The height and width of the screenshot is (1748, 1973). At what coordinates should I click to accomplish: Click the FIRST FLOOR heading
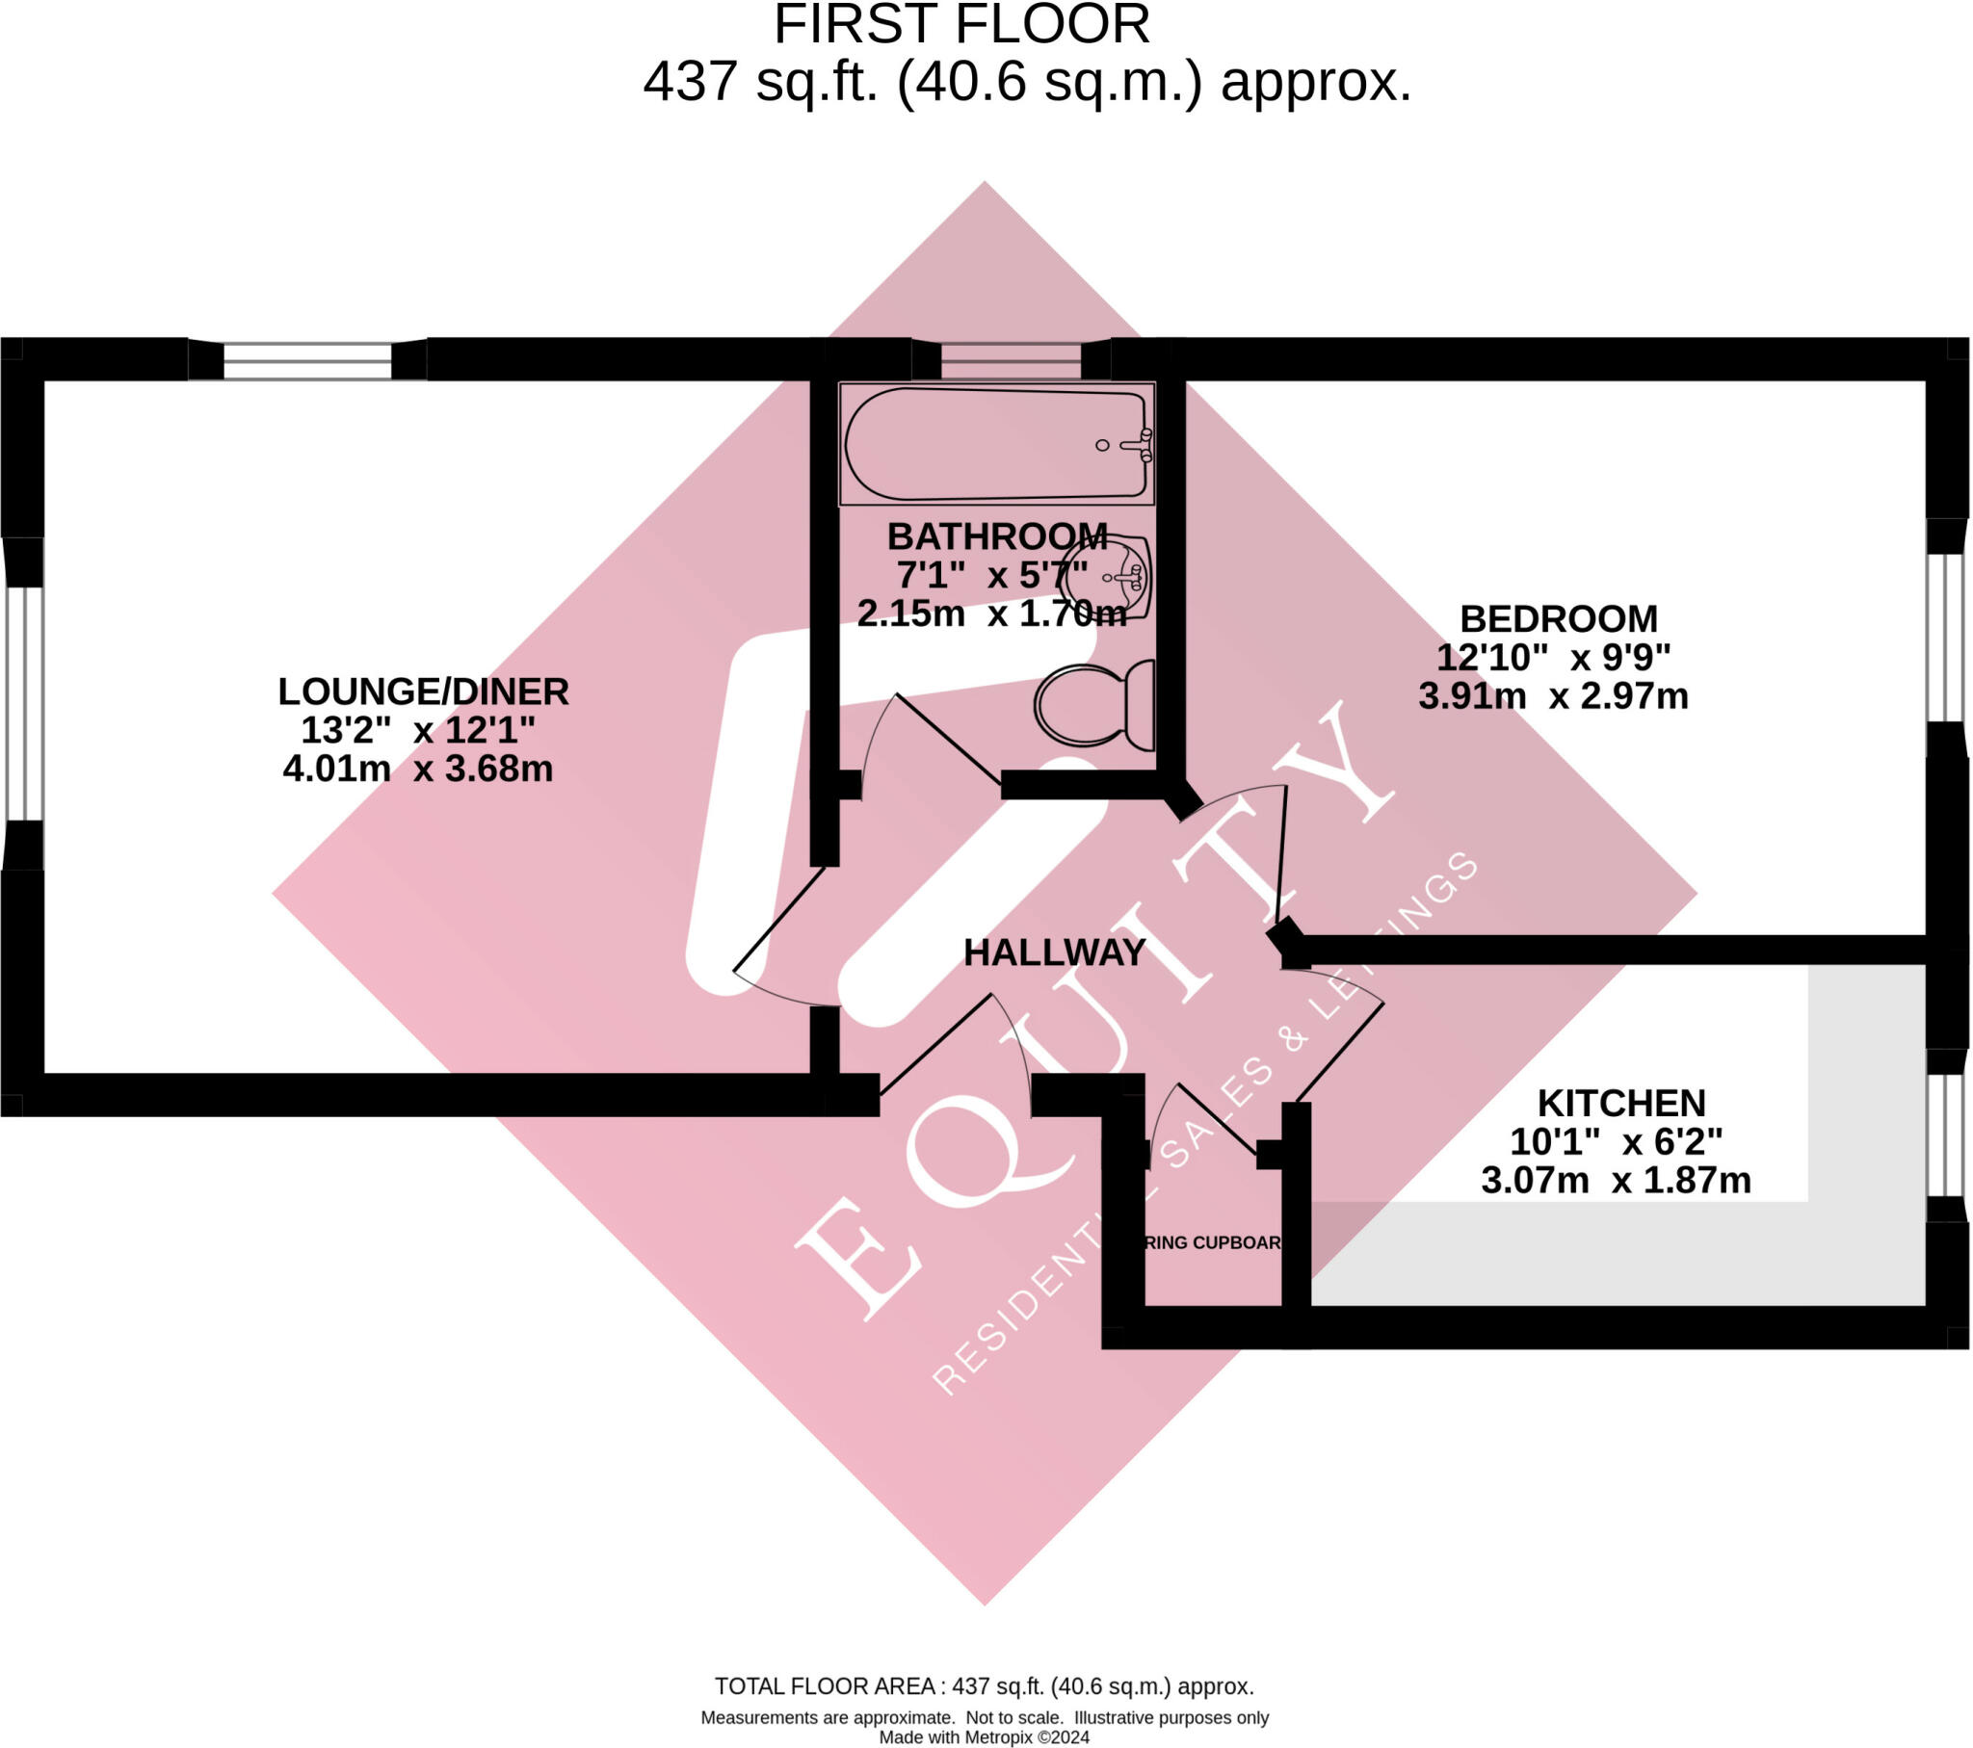click(961, 25)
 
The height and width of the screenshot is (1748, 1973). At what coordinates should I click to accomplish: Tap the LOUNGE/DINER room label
click(423, 692)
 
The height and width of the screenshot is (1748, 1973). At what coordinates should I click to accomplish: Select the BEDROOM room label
click(1558, 618)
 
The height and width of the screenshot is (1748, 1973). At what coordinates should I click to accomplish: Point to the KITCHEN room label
click(1620, 1103)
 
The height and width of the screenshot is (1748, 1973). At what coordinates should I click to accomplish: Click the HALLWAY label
click(1054, 952)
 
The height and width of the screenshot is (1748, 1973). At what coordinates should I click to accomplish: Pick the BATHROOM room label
click(996, 536)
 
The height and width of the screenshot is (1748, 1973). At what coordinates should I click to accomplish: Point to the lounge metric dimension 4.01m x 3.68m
click(418, 770)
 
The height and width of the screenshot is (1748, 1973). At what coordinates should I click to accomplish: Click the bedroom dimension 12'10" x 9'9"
click(1553, 659)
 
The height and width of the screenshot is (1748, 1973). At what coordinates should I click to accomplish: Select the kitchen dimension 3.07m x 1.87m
click(1616, 1181)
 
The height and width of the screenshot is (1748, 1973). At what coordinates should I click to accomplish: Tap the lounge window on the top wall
click(307, 361)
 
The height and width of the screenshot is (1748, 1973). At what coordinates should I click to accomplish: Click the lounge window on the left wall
click(24, 703)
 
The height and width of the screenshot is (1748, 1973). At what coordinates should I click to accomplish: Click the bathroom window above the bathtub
click(1011, 360)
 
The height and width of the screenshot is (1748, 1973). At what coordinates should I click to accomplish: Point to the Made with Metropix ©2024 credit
click(984, 1737)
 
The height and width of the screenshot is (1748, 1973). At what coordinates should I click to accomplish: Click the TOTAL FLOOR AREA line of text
click(984, 1686)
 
